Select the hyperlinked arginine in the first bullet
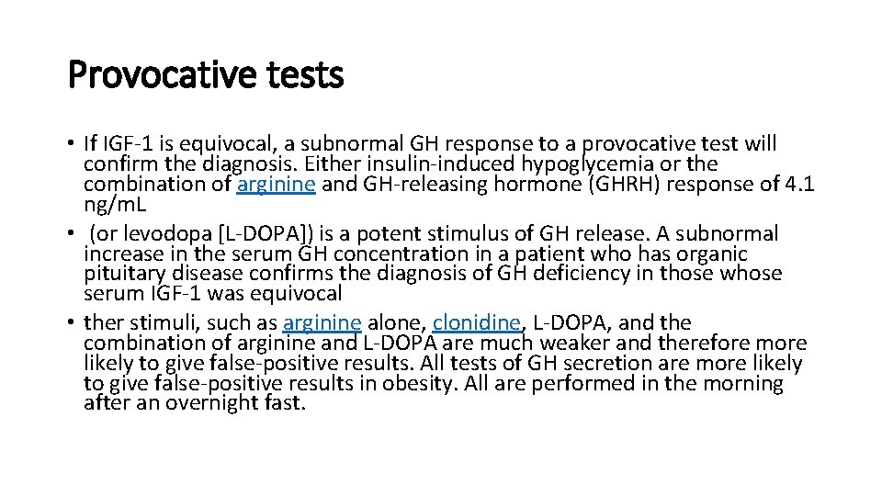click(x=277, y=184)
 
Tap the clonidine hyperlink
click(x=476, y=322)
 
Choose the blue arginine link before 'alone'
click(x=322, y=322)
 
